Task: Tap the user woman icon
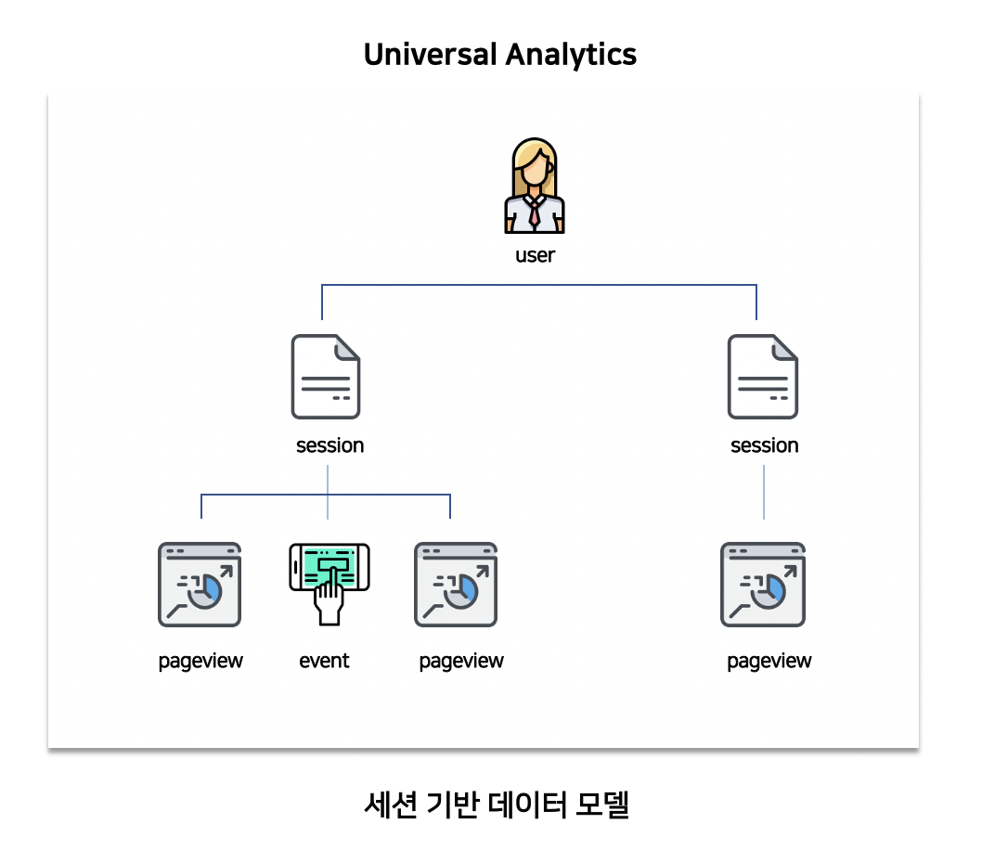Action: coord(535,186)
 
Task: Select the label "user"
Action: coord(535,255)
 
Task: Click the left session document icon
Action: coord(326,377)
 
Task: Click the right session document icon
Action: coord(762,377)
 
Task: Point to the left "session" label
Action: coord(330,445)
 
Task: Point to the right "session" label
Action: coord(764,445)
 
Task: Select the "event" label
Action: coord(324,661)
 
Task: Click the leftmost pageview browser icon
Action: coord(200,585)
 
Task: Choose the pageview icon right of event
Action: coord(456,585)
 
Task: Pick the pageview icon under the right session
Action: coord(763,585)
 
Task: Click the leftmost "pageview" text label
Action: coord(200,661)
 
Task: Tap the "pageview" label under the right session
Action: coord(769,661)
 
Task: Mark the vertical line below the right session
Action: coord(764,492)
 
